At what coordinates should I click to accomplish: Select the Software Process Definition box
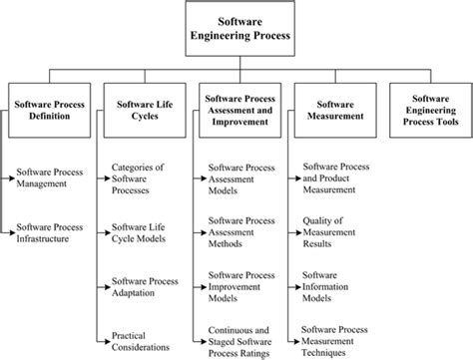50,109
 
